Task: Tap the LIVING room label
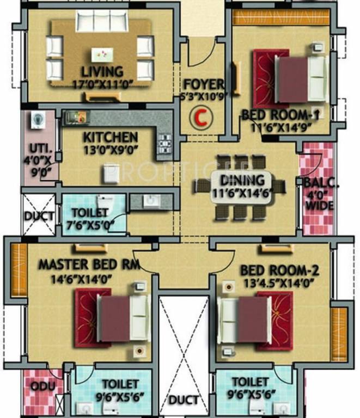click(x=102, y=72)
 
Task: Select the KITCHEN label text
click(x=110, y=137)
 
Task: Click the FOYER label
click(x=203, y=85)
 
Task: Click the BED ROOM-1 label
click(x=280, y=115)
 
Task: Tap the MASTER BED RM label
click(x=89, y=265)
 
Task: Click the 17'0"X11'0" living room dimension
click(x=102, y=85)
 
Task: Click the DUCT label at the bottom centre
click(x=184, y=401)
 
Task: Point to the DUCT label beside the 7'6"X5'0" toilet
click(x=39, y=216)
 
